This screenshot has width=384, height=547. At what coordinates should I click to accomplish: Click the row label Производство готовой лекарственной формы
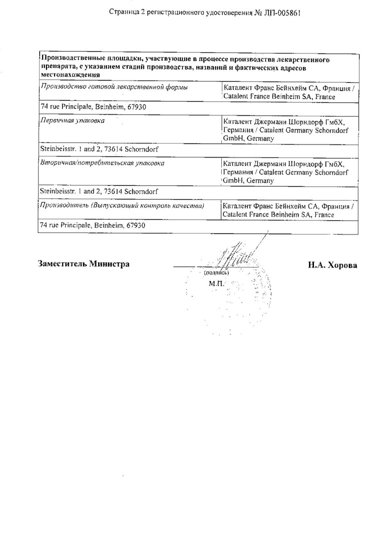pos(114,88)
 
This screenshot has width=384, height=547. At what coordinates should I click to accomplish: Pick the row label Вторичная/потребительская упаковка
pos(102,163)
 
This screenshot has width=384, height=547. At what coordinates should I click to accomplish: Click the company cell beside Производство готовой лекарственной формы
pos(289,92)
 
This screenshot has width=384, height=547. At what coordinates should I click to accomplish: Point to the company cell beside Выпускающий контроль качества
pos(289,210)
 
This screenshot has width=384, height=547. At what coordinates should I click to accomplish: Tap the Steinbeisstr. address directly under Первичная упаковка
pos(99,148)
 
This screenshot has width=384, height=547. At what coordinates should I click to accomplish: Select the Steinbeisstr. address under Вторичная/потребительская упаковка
pos(99,191)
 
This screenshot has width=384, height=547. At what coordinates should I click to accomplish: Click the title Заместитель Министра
pos(84,264)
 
